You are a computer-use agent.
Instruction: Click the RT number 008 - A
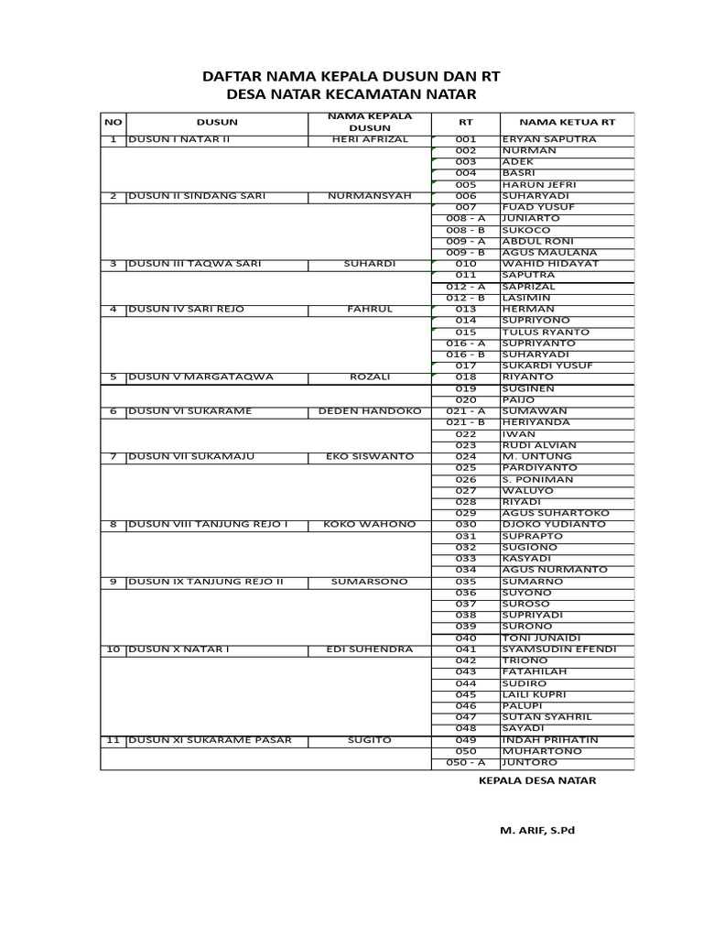tap(466, 219)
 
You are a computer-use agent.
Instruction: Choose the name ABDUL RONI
tap(536, 241)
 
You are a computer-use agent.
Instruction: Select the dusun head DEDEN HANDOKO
tap(370, 411)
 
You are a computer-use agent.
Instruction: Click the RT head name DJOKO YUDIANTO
tap(554, 524)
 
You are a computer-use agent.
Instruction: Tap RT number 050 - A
tap(466, 762)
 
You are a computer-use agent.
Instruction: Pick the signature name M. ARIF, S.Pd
tap(537, 830)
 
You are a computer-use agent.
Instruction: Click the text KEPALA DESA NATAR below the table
tap(537, 780)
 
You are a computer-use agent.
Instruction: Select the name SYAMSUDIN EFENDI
tap(559, 649)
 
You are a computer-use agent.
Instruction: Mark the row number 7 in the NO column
tap(114, 456)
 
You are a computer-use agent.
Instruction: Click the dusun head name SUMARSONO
tap(370, 581)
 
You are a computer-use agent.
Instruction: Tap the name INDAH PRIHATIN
tap(549, 739)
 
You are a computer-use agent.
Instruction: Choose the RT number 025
tap(466, 467)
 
